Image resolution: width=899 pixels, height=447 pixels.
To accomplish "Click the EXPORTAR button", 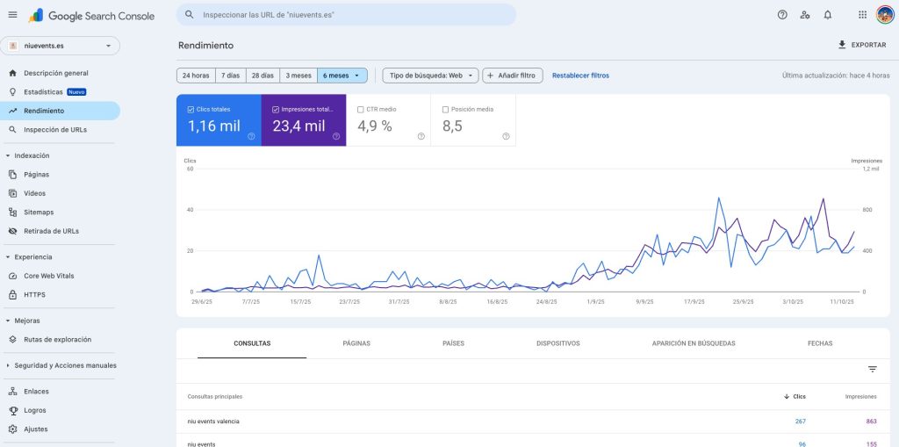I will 862,45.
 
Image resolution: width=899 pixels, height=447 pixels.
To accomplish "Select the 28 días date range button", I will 263,76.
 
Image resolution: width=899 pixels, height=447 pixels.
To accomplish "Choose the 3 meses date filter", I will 298,76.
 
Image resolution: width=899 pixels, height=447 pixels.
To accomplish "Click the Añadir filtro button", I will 513,76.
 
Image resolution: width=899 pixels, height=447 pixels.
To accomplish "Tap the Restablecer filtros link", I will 580,76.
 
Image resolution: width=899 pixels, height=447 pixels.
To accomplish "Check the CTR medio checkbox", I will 361,110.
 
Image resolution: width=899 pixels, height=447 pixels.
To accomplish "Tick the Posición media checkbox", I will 446,110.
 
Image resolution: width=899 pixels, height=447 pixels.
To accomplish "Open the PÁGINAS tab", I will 356,343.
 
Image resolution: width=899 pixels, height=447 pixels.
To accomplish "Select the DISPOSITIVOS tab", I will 557,343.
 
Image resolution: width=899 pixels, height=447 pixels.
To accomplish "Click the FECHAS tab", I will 820,343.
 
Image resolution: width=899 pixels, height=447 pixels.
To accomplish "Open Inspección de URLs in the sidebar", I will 54,130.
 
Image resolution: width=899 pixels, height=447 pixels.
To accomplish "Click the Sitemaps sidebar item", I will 39,213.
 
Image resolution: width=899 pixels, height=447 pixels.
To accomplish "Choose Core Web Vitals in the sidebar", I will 48,276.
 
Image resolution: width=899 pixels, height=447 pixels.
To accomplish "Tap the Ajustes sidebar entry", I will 36,429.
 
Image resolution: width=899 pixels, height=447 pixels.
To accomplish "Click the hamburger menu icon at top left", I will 12,15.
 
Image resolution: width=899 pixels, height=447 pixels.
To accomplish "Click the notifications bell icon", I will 828,15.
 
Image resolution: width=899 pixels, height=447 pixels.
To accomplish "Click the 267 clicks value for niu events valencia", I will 800,422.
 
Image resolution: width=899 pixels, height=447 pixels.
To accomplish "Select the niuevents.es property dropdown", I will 61,46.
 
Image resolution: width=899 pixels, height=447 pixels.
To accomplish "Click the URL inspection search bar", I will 346,15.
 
